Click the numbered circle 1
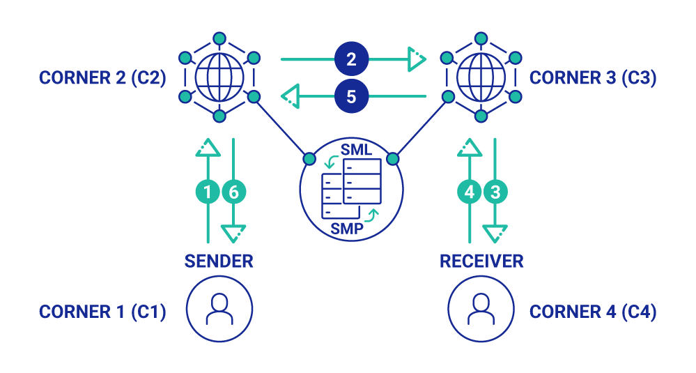pos(207,192)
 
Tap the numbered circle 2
pos(351,59)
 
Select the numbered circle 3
pos(495,192)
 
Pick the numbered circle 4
pos(470,192)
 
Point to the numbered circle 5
pos(351,96)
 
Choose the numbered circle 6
pos(233,192)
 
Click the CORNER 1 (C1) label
pos(102,312)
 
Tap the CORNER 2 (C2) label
pos(102,78)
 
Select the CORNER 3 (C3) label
pos(593,78)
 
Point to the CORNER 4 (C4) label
pos(593,312)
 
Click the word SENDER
pos(219,261)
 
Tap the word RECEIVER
pos(481,261)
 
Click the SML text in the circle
pos(356,150)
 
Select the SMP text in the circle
pos(346,227)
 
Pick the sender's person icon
pos(219,308)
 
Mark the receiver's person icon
pos(481,308)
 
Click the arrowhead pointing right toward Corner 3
pos(417,59)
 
